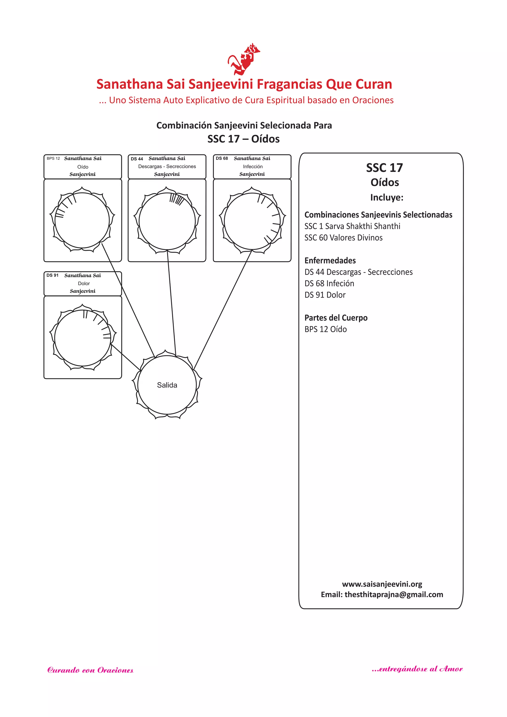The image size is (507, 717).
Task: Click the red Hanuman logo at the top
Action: pyautogui.click(x=244, y=59)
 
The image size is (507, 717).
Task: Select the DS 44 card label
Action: pyautogui.click(x=137, y=159)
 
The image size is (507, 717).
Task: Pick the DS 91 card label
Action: pyautogui.click(x=52, y=275)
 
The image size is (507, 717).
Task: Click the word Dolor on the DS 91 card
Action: pyautogui.click(x=84, y=283)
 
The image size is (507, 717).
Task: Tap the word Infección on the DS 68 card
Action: pyautogui.click(x=253, y=166)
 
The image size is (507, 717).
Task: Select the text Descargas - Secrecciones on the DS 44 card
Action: pyautogui.click(x=167, y=166)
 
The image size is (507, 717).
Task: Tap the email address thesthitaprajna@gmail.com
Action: pyautogui.click(x=394, y=594)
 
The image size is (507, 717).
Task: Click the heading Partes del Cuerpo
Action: pyautogui.click(x=336, y=318)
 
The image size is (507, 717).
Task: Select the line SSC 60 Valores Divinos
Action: pyautogui.click(x=343, y=238)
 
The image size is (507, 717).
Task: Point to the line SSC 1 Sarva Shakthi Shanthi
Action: pyautogui.click(x=352, y=226)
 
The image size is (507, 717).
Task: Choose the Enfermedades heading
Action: pyautogui.click(x=330, y=261)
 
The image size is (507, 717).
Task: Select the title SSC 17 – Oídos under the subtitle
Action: pyautogui.click(x=244, y=139)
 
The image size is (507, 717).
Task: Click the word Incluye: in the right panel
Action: pyautogui.click(x=386, y=197)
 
